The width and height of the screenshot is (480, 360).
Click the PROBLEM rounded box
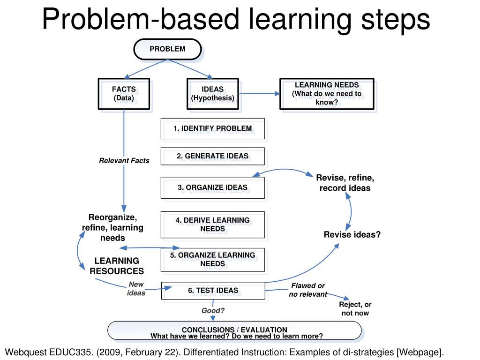(167, 49)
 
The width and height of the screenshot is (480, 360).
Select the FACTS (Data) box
(124, 94)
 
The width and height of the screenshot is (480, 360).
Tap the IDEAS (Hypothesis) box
(212, 94)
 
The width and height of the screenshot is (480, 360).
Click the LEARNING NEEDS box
(327, 94)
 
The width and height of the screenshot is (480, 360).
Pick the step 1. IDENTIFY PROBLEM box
(212, 128)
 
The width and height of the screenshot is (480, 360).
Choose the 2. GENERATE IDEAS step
(212, 156)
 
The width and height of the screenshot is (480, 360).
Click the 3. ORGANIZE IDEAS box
(212, 187)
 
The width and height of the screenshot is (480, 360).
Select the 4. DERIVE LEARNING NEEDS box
(212, 225)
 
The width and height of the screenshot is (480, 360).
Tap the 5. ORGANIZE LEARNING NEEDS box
(212, 259)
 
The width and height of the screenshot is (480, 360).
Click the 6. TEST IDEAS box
(213, 291)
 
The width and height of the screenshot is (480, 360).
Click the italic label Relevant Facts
(124, 161)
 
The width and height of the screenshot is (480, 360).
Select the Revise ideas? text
(352, 235)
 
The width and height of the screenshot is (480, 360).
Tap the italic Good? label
(213, 310)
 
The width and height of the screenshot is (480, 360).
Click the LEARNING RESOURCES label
(117, 266)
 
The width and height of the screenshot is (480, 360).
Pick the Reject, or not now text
(355, 309)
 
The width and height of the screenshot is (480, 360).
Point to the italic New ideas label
(136, 289)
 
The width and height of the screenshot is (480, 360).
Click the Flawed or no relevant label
(308, 290)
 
